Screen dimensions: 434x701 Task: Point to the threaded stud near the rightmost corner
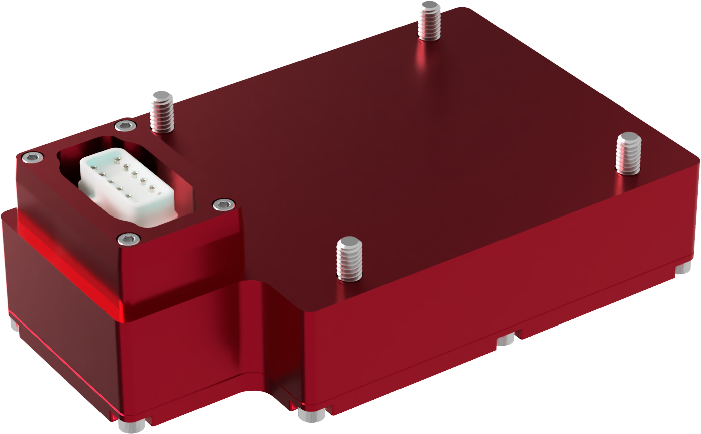click(x=628, y=153)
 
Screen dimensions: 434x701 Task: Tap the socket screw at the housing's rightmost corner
click(x=223, y=204)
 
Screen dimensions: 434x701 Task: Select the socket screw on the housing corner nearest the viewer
click(x=129, y=239)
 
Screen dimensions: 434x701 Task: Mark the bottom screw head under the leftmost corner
click(x=15, y=325)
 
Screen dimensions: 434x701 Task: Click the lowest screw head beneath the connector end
click(x=132, y=426)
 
